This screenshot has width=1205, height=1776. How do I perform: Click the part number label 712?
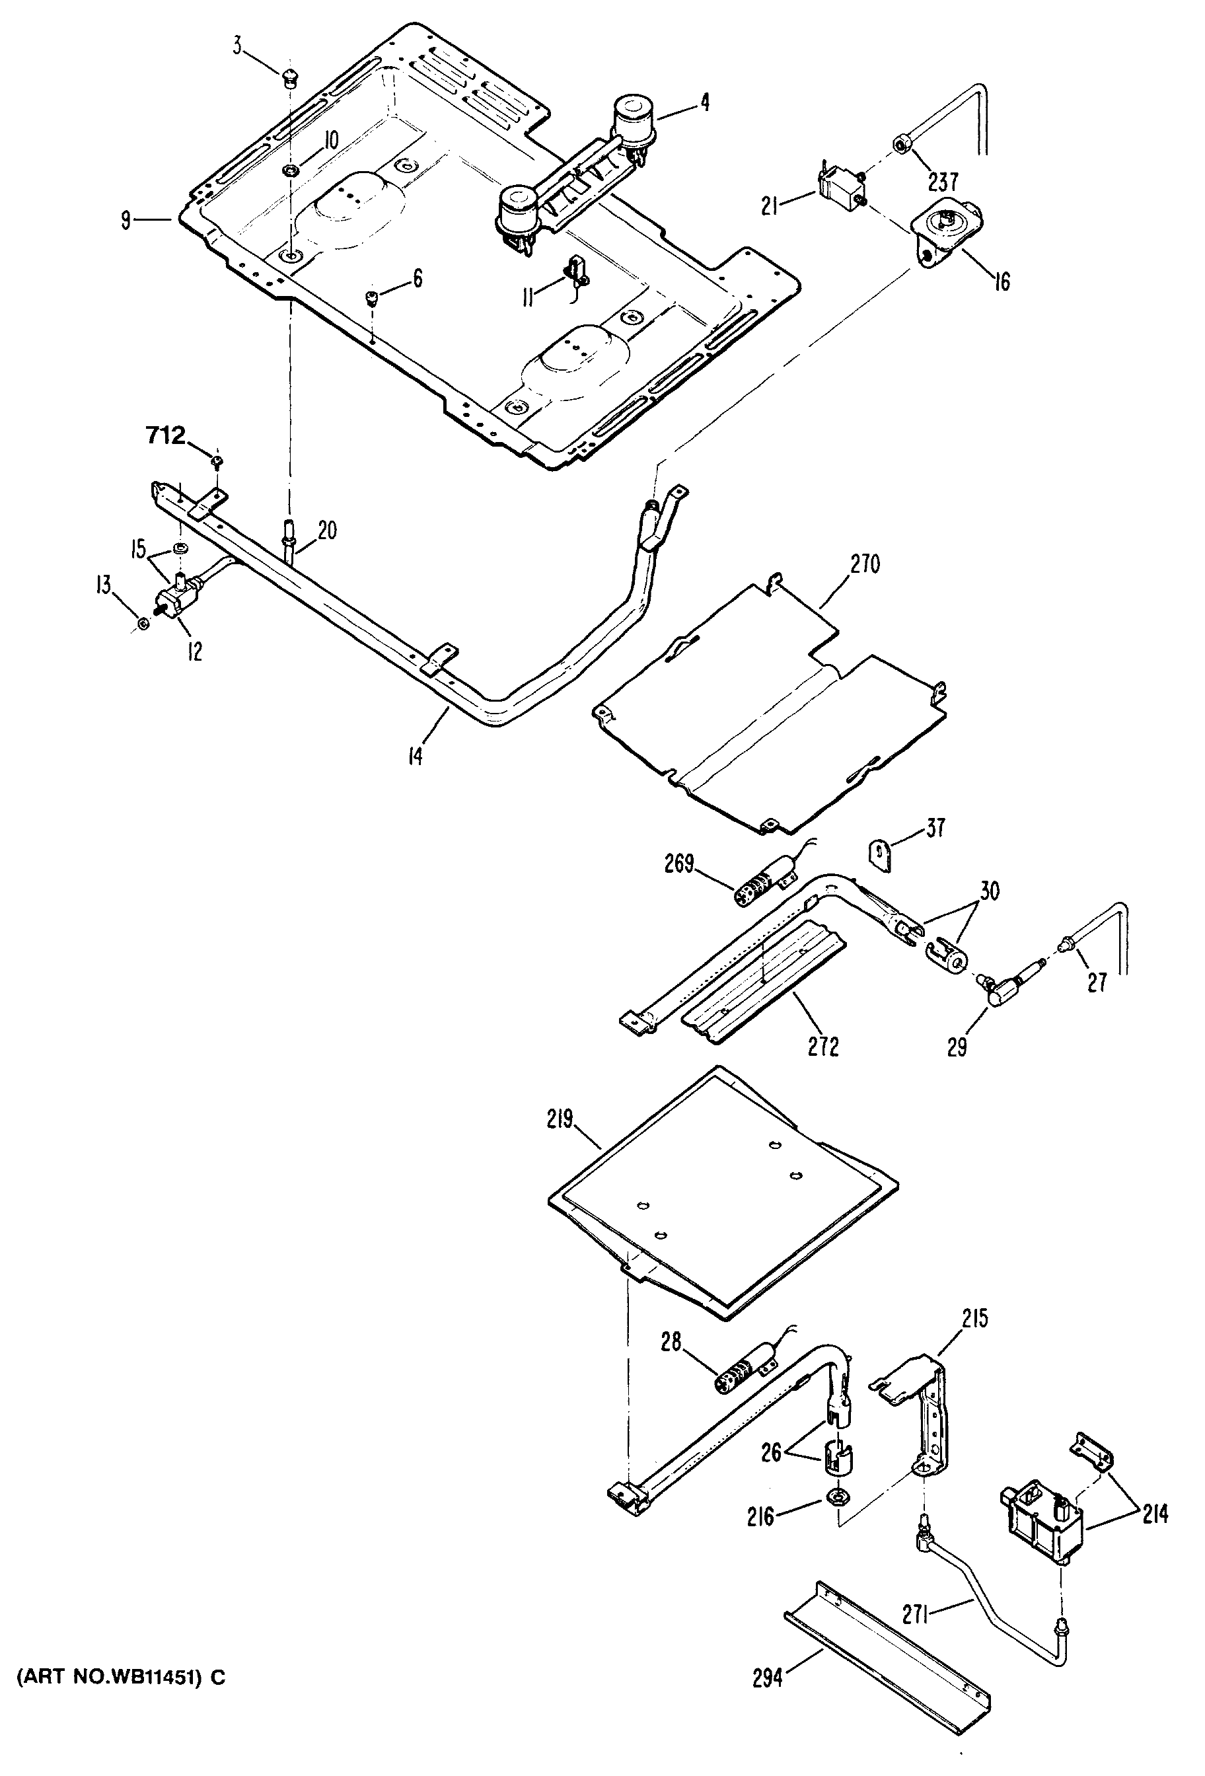pos(165,435)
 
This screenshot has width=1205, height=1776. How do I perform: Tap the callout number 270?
pos(864,565)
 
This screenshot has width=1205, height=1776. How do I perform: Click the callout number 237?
pos(943,182)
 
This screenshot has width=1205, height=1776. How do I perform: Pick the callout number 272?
pos(822,1045)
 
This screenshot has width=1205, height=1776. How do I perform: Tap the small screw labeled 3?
pos(289,77)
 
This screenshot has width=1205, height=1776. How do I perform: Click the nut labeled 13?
pos(142,626)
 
